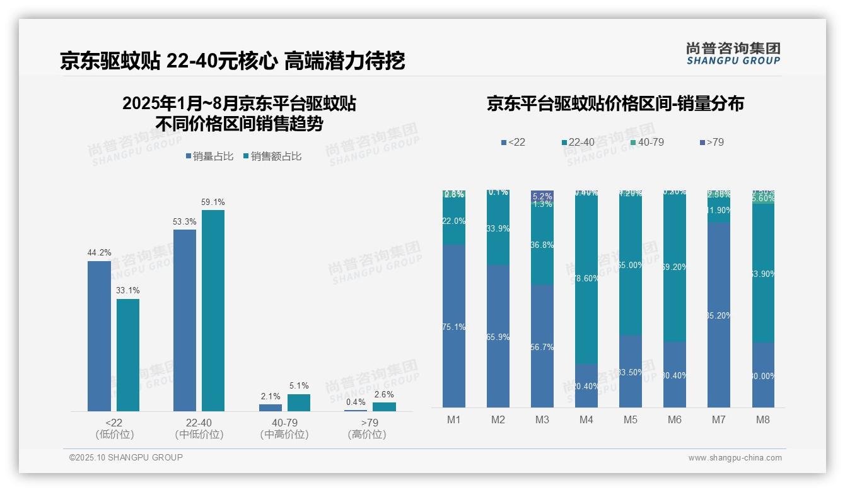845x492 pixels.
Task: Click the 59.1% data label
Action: tap(213, 202)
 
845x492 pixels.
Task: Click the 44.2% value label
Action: tap(99, 253)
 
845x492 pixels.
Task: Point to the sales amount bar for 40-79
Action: tap(299, 403)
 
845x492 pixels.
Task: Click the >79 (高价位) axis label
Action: tap(366, 428)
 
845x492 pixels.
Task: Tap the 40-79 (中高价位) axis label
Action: tap(284, 428)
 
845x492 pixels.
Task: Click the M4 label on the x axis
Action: tap(586, 420)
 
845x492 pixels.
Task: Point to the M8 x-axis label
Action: tap(762, 420)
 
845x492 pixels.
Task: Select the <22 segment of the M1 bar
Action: tap(454, 326)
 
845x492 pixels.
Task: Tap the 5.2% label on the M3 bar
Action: tap(542, 196)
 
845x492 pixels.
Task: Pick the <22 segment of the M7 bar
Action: tap(719, 315)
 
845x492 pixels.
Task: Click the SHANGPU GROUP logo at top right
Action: tap(733, 54)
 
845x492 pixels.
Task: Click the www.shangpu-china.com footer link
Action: tap(735, 458)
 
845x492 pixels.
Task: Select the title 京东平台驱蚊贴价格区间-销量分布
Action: tap(615, 103)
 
